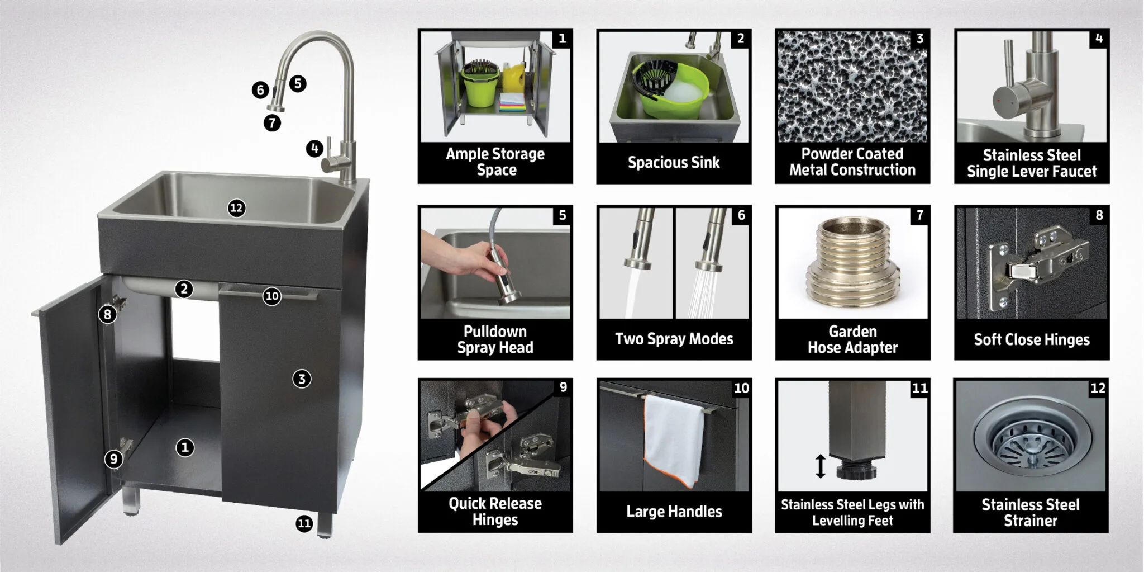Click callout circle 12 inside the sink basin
pyautogui.click(x=236, y=208)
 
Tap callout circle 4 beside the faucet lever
pyautogui.click(x=314, y=149)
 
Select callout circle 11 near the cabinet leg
pyautogui.click(x=304, y=523)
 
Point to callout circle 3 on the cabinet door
pyautogui.click(x=302, y=379)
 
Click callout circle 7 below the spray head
pyautogui.click(x=272, y=122)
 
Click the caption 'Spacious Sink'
pyautogui.click(x=674, y=163)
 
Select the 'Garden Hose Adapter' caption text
pyautogui.click(x=852, y=339)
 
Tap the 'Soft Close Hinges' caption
pyautogui.click(x=1032, y=339)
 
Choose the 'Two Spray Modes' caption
pyautogui.click(x=674, y=339)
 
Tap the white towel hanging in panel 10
pyautogui.click(x=674, y=439)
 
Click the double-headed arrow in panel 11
pyautogui.click(x=820, y=466)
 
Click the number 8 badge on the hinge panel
pyautogui.click(x=1099, y=215)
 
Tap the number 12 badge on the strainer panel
pyautogui.click(x=1098, y=388)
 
